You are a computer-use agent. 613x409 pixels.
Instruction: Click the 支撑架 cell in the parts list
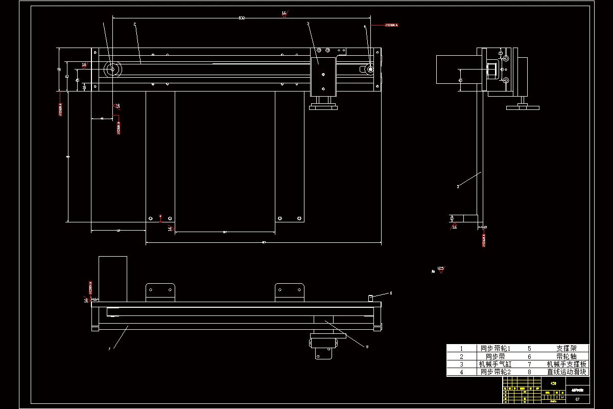[567, 348]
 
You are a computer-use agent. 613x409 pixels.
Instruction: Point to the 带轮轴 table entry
[567, 356]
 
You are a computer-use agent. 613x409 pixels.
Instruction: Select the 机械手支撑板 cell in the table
[567, 365]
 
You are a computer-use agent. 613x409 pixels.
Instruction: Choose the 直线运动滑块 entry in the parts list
[567, 372]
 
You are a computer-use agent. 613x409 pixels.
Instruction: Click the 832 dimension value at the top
[242, 18]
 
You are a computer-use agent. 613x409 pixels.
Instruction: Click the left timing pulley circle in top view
[111, 70]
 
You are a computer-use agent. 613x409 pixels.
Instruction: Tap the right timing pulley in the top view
[370, 70]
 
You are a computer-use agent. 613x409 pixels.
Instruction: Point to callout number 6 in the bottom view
[391, 293]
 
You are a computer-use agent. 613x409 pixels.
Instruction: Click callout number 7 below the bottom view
[109, 350]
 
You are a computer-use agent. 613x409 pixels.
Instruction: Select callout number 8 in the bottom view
[367, 347]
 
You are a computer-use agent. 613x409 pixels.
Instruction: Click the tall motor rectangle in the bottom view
[112, 279]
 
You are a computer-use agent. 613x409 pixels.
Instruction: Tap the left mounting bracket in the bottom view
[160, 292]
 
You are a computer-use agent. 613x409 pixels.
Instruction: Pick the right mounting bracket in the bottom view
[290, 292]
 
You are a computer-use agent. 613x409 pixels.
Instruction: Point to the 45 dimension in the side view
[460, 80]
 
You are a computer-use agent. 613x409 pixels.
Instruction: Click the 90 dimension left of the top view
[59, 70]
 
